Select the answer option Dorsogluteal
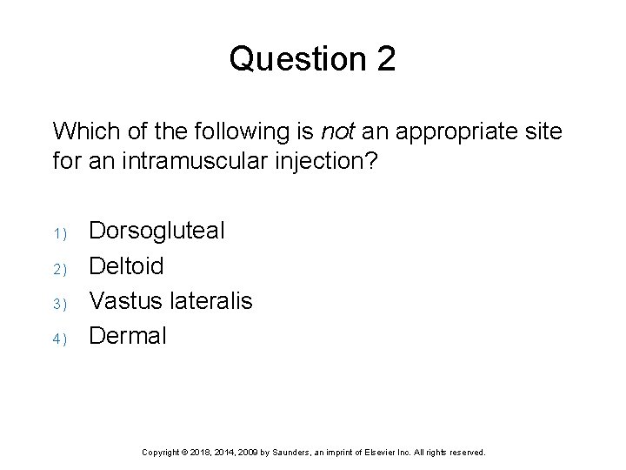tap(157, 231)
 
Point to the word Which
tap(81, 131)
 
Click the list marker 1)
tap(59, 233)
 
